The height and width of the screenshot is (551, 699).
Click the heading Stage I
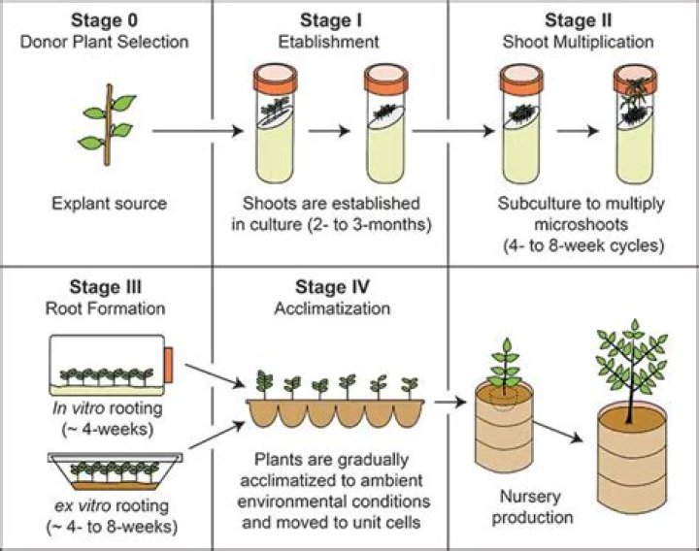330,18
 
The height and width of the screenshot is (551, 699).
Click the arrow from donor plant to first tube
194,129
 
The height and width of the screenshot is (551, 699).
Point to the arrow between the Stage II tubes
576,129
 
